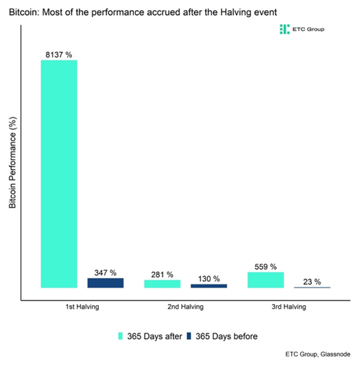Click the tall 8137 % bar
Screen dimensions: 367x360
pos(59,174)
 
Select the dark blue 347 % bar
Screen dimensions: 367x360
pos(105,283)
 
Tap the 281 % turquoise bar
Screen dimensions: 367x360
pos(162,283)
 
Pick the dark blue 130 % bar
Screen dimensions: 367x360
pos(209,286)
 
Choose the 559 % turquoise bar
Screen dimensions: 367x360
pos(266,280)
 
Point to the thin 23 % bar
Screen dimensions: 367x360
pos(312,287)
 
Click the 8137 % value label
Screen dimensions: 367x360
pos(59,55)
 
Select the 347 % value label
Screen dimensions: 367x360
pos(105,273)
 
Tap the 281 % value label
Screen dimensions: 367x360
pos(162,275)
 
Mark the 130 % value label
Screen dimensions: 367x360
pos(209,278)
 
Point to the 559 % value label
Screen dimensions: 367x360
pos(266,267)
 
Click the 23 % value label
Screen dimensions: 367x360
pos(312,282)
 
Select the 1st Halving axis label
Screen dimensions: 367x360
pos(82,307)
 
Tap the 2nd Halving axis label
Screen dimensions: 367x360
pos(186,307)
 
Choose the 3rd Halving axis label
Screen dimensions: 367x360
pos(289,307)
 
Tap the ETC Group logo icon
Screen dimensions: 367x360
pos(284,29)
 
